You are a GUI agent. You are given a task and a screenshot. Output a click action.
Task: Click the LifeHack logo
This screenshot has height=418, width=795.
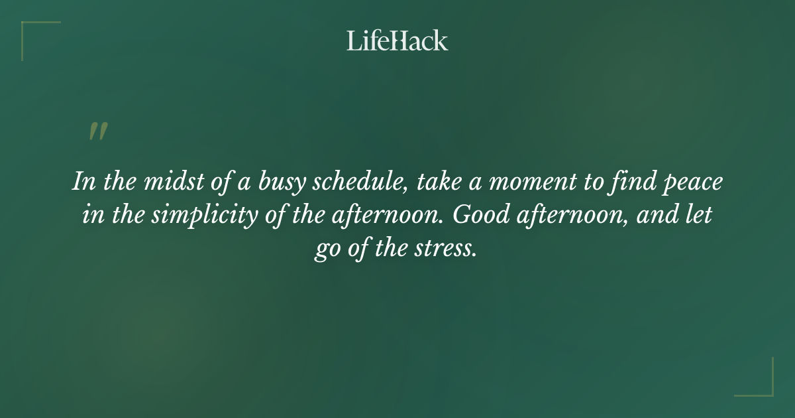397,41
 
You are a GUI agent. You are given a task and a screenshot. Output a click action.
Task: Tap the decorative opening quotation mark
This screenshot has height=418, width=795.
97,131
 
